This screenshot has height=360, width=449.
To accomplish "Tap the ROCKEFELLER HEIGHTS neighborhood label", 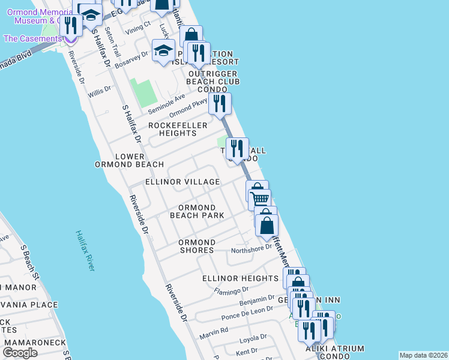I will pos(178,129).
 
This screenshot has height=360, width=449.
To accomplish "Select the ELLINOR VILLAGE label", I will pos(182,182).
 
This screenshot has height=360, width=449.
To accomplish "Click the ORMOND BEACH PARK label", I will pos(197,211).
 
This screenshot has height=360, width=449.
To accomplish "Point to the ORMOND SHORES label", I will pos(197,246).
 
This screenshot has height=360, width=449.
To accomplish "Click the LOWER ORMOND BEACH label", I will pos(129,160).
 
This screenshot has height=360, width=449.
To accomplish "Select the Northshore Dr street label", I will pos(252,250).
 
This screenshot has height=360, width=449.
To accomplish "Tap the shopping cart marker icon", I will pos(260,200).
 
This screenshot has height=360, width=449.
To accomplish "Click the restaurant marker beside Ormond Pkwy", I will pos(220,104).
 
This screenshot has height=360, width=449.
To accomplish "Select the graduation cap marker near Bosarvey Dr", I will pos(163,51).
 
